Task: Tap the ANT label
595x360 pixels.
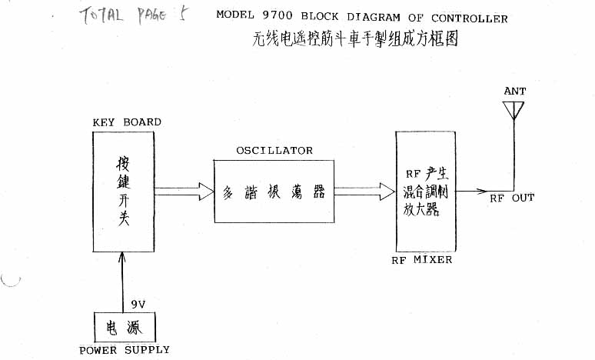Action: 515,92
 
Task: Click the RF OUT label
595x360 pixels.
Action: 512,198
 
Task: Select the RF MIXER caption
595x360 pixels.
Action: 422,260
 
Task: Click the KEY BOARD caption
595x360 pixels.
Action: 127,122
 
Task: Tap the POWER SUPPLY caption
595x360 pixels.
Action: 125,350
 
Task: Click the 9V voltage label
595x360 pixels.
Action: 138,305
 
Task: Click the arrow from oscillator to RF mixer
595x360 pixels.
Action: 365,190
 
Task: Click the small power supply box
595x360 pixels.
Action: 125,328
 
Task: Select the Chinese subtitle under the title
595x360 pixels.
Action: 355,39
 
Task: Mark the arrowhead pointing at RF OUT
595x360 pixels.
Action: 482,191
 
